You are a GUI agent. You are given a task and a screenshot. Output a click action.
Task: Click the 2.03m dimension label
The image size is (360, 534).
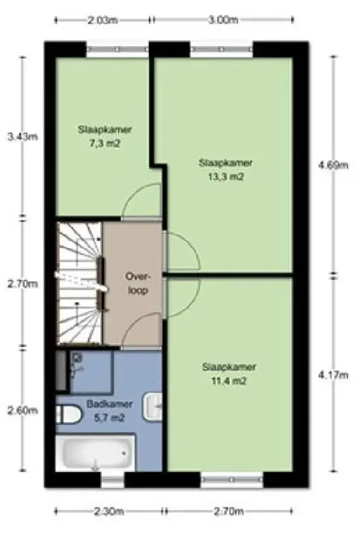click(x=102, y=20)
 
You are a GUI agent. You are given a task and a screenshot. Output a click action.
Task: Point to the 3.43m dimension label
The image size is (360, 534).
click(x=16, y=136)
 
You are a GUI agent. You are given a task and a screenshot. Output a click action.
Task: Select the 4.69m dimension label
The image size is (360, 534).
click(x=333, y=165)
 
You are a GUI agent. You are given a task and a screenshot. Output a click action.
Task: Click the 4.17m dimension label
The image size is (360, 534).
click(x=333, y=375)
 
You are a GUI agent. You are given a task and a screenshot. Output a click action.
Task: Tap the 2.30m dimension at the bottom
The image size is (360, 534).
click(x=107, y=511)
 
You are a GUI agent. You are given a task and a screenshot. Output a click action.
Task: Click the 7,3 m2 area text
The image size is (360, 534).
click(x=105, y=143)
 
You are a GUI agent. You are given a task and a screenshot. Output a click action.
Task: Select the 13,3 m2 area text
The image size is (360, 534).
click(x=225, y=177)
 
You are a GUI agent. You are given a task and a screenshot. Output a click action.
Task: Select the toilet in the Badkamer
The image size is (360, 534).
click(x=69, y=415)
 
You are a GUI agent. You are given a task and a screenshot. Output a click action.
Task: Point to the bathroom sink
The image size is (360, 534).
click(x=153, y=406)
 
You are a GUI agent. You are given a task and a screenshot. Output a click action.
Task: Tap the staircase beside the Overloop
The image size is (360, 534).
click(x=79, y=282)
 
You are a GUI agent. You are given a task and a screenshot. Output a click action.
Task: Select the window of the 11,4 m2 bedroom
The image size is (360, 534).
click(x=232, y=481)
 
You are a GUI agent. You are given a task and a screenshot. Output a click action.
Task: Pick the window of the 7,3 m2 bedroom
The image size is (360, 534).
click(x=117, y=49)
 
